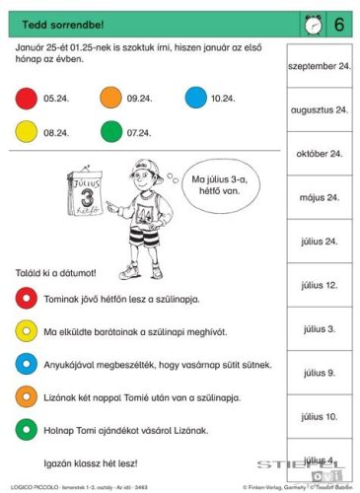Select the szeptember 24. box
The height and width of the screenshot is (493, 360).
point(317,67)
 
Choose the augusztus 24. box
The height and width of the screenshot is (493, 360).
point(317,110)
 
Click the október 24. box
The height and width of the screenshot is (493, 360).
point(317,154)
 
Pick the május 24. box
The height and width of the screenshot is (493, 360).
point(317,197)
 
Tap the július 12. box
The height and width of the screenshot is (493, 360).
point(317,284)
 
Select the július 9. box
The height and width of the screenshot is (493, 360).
point(317,372)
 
